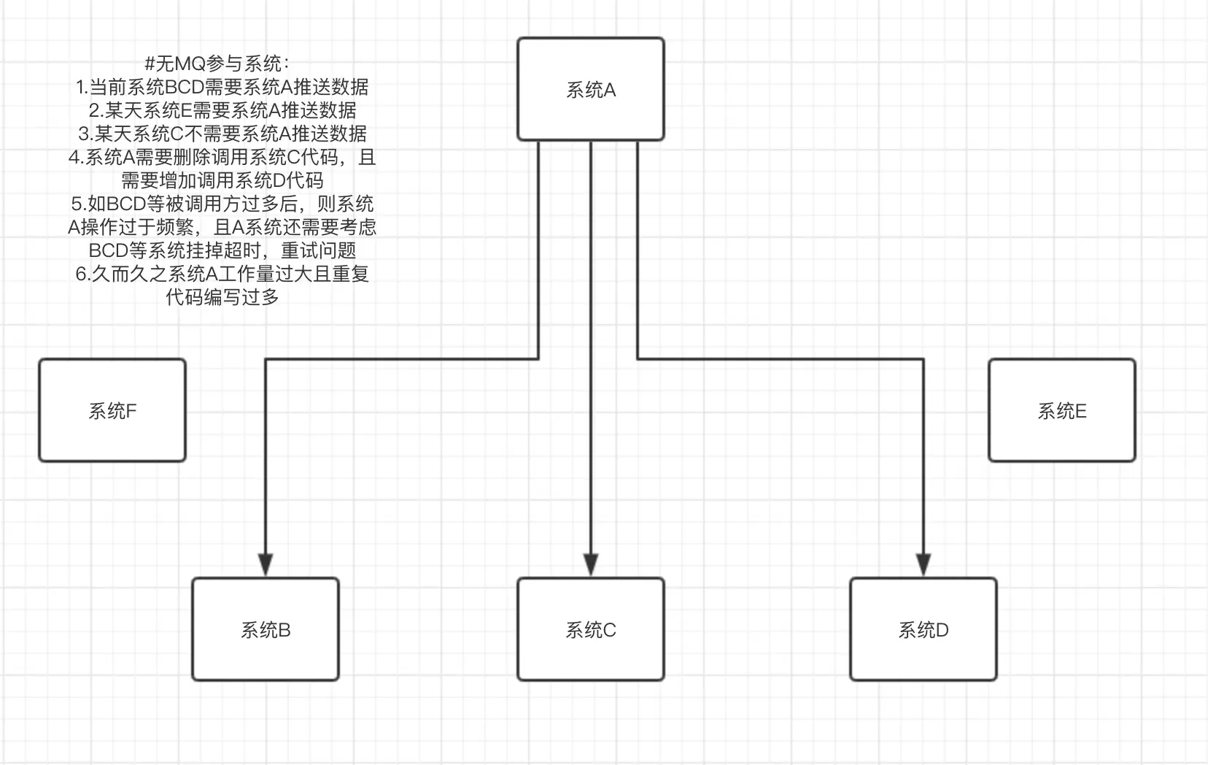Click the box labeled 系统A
coord(590,89)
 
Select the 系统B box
coord(266,629)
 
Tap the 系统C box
coord(590,629)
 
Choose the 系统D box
coord(923,629)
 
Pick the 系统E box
coord(1061,410)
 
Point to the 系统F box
coord(112,410)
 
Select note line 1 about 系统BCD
coord(222,87)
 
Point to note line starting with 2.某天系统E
coord(222,110)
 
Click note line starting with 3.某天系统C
coord(222,134)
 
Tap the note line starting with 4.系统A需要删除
coord(222,157)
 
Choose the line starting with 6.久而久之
coord(222,274)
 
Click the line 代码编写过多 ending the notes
coord(222,297)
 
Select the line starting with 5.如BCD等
coord(222,204)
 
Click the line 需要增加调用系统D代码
coord(222,180)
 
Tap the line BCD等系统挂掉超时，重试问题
coord(222,250)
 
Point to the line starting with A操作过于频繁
coord(222,227)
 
